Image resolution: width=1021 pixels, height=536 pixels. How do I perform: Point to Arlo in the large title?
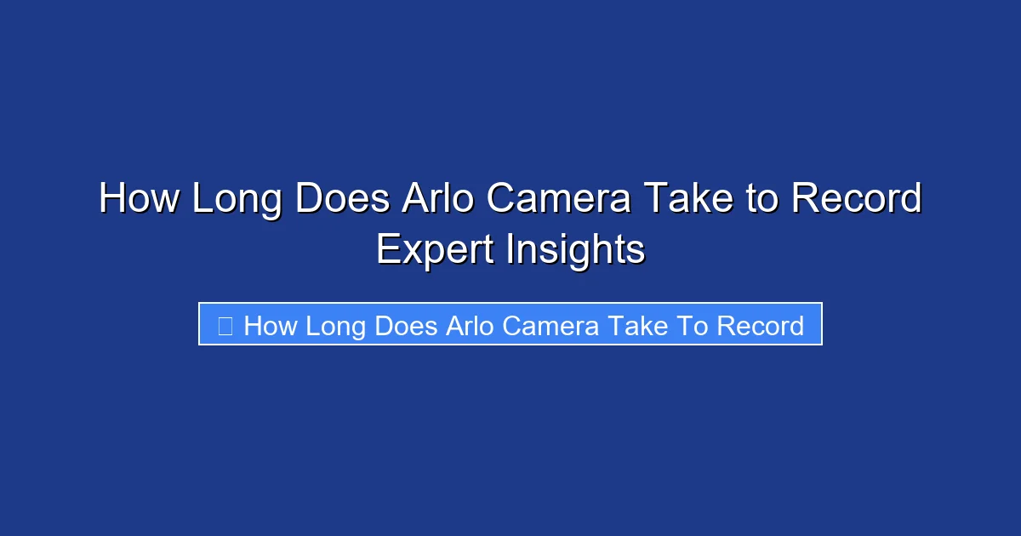[x=438, y=200]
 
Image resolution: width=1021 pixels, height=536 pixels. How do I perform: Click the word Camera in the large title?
[x=558, y=200]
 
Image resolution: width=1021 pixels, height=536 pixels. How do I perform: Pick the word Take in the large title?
[x=687, y=200]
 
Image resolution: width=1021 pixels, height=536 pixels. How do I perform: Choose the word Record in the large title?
[x=857, y=200]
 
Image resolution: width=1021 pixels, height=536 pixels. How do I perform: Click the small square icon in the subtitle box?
[x=225, y=326]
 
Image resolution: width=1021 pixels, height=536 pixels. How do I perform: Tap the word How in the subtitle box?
[x=269, y=326]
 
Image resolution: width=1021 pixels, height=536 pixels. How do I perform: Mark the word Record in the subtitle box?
[x=761, y=326]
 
